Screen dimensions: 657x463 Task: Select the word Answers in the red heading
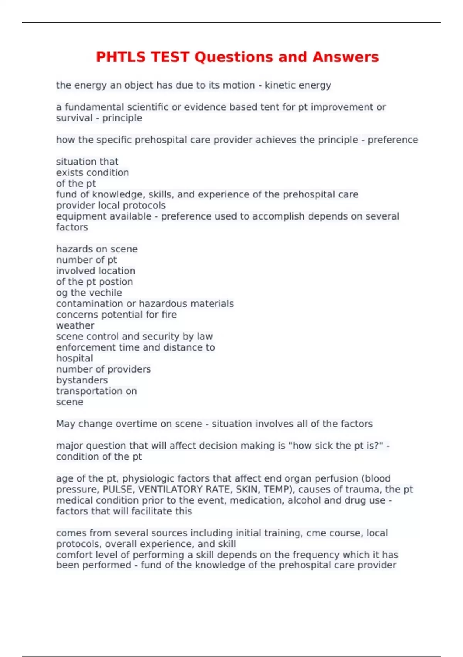tap(345, 57)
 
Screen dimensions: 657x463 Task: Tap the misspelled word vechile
tap(106, 293)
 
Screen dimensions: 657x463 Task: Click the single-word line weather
tap(75, 325)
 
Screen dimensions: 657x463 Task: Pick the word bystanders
tap(82, 380)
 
